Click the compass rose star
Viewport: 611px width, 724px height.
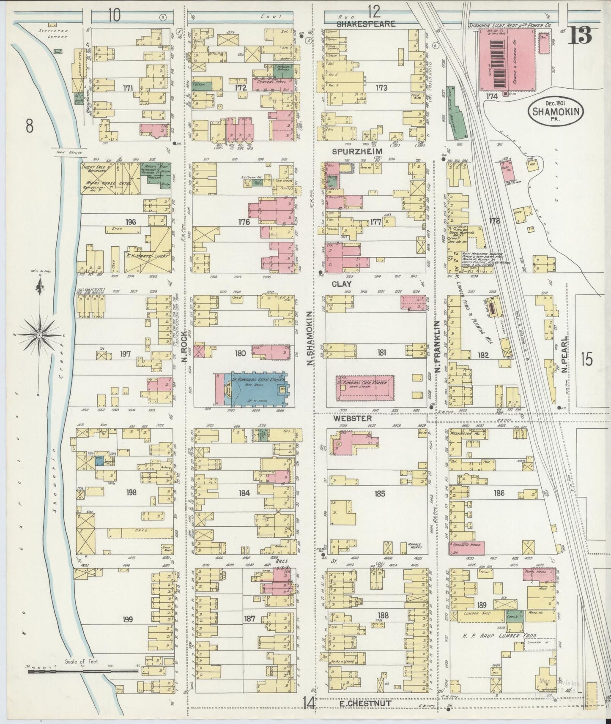[x=39, y=335]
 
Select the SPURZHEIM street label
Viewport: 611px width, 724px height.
[x=363, y=151]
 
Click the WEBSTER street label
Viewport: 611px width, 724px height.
[x=352, y=418]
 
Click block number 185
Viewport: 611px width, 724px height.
[x=379, y=493]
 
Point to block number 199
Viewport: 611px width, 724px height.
[x=128, y=619]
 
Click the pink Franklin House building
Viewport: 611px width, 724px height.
[x=466, y=547]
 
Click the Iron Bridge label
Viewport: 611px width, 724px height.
[x=68, y=152]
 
